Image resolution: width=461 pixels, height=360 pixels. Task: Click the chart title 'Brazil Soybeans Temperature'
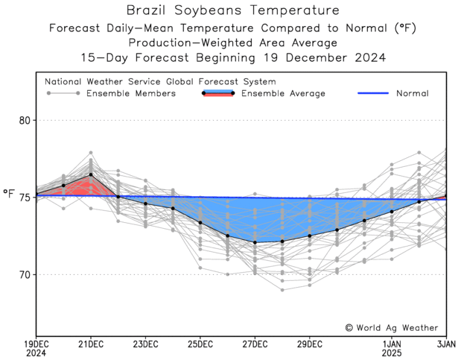pyautogui.click(x=233, y=10)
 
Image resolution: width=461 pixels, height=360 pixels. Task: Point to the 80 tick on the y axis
pyautogui.click(x=24, y=120)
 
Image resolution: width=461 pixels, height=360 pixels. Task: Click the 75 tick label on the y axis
pyautogui.click(x=24, y=198)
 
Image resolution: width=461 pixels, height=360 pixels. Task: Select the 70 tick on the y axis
pyautogui.click(x=24, y=275)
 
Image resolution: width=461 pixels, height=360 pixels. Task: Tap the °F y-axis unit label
pyautogui.click(x=9, y=195)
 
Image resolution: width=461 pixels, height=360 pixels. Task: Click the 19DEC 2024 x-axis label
pyautogui.click(x=36, y=348)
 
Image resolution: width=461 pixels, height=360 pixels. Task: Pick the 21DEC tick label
pyautogui.click(x=91, y=344)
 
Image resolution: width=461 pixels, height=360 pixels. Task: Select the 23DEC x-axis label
pyautogui.click(x=145, y=344)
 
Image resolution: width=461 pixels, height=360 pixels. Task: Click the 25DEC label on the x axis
pyautogui.click(x=200, y=344)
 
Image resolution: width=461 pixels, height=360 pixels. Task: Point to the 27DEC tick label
pyautogui.click(x=255, y=344)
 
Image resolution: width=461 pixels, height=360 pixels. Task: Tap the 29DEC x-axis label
pyautogui.click(x=309, y=344)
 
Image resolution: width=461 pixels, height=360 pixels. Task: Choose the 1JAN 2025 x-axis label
pyautogui.click(x=392, y=348)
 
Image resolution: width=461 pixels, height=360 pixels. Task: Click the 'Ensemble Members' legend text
pyautogui.click(x=131, y=93)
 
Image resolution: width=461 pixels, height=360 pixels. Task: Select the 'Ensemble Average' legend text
pyautogui.click(x=283, y=93)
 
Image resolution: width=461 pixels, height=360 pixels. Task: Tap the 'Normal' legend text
pyautogui.click(x=412, y=93)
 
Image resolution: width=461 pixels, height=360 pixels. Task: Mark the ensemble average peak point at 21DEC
pyautogui.click(x=91, y=174)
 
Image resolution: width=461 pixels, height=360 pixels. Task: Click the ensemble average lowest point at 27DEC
pyautogui.click(x=255, y=242)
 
